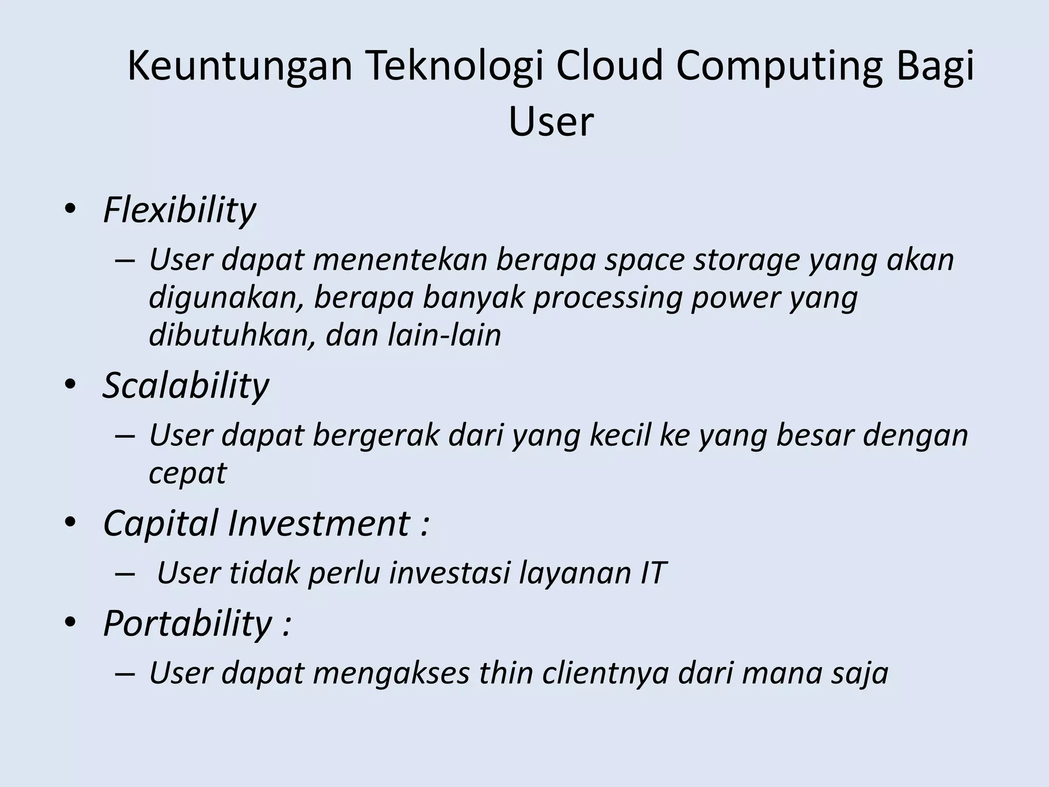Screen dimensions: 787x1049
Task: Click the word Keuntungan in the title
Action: click(240, 67)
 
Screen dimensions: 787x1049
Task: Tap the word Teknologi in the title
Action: click(454, 67)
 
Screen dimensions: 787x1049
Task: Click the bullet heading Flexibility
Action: click(179, 210)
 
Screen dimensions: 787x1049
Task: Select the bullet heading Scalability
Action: click(185, 385)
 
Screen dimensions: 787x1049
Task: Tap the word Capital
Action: click(161, 524)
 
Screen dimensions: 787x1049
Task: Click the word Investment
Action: click(319, 524)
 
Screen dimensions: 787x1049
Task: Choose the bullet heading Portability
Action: click(187, 623)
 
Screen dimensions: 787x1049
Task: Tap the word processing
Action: click(607, 298)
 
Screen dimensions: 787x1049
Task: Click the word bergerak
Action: click(376, 436)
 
